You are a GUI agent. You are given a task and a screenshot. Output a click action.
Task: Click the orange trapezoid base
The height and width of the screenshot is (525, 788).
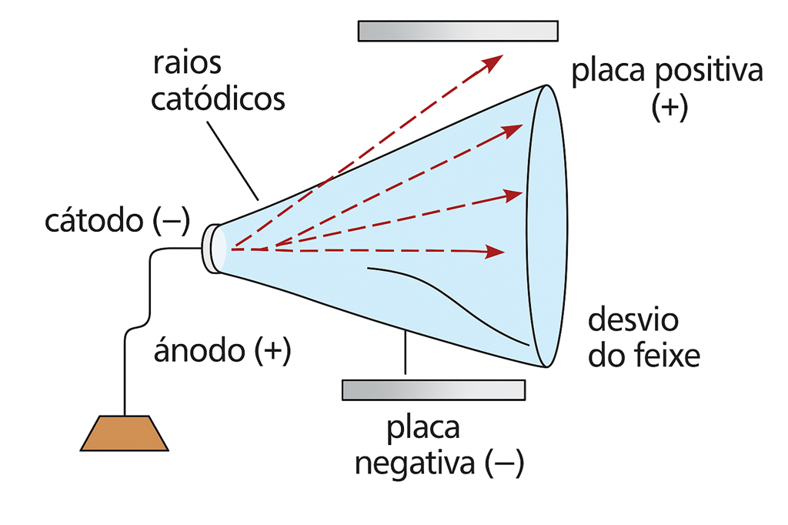coord(124,433)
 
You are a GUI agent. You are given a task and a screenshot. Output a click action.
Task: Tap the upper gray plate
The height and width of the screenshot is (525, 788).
coord(458,31)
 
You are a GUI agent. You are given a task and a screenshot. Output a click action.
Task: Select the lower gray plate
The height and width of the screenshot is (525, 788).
coord(434,390)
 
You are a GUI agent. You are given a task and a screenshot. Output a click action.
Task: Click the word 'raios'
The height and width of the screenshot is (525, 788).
coord(187,63)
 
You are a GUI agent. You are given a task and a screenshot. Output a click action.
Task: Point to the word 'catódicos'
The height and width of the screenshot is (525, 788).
coord(218,99)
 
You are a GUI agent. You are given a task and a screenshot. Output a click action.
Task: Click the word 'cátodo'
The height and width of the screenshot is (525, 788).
coord(94,221)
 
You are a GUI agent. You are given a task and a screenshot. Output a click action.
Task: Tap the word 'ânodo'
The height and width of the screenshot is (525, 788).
coord(199,350)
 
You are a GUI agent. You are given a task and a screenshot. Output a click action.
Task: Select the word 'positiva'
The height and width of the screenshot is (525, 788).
coord(710,72)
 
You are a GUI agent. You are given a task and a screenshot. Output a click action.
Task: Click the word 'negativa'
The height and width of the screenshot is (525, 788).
coord(415,464)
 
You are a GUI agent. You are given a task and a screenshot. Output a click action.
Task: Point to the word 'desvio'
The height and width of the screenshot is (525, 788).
coord(633,319)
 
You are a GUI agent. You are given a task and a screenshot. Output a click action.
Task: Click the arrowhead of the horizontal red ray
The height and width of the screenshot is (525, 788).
coord(495,252)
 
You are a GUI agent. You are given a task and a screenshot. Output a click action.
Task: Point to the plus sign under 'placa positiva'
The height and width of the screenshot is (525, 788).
coord(669,107)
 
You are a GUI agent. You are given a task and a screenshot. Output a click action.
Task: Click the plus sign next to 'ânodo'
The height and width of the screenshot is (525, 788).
coord(273,350)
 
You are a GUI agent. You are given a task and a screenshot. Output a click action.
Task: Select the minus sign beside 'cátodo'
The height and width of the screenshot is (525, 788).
coord(171,221)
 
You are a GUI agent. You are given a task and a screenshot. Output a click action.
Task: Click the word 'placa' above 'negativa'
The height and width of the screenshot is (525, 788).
coord(422,429)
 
